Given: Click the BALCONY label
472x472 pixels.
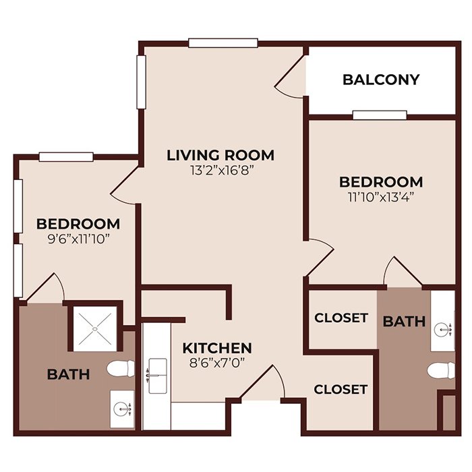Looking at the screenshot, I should click(381, 80).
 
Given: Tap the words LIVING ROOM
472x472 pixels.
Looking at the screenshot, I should click(220, 155).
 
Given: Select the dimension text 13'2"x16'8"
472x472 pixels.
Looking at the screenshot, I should click(220, 171).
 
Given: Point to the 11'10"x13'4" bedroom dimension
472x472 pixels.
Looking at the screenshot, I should click(381, 198).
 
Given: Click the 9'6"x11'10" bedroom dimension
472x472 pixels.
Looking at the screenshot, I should click(78, 238).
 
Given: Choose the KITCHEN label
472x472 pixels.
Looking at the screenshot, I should click(218, 348).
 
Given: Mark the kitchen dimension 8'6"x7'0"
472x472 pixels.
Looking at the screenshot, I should click(218, 363).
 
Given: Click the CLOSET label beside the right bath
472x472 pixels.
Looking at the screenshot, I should click(341, 318).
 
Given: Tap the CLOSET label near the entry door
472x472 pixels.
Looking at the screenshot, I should click(341, 389).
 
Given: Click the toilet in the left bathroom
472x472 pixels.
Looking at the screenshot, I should click(122, 369).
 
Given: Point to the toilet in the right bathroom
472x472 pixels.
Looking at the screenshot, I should click(442, 371).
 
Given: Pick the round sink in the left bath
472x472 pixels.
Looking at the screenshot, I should click(122, 408).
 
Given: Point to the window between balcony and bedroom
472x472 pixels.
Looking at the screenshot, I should click(380, 115).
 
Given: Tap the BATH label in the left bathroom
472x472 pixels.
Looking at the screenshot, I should click(69, 374).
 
